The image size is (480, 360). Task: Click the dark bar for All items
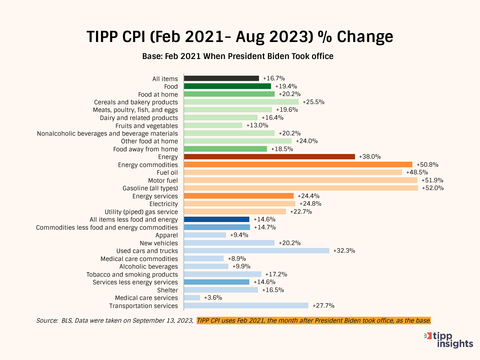pos(221,78)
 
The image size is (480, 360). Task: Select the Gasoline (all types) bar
pos(301,188)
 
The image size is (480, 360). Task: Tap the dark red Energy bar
pos(269,157)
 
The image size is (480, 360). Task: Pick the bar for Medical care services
pos(192,298)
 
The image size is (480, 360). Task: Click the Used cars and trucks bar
pos(256,251)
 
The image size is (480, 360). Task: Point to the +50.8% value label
pos(427,165)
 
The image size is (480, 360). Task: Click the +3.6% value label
pos(213,298)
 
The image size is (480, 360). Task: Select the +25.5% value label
pos(313,102)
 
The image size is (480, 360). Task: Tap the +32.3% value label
pos(344,251)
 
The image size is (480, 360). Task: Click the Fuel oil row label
pos(167,173)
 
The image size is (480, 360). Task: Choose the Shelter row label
pos(168,290)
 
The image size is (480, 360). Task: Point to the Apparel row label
pos(167,235)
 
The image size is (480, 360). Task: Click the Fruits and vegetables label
pos(147,126)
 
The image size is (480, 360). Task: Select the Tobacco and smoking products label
pos(132,274)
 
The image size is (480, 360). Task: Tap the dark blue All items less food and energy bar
pos(217,219)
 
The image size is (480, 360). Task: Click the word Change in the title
pos(365,37)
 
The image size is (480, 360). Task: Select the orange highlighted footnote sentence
pos(314,321)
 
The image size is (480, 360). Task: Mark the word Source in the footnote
pos(47,321)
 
